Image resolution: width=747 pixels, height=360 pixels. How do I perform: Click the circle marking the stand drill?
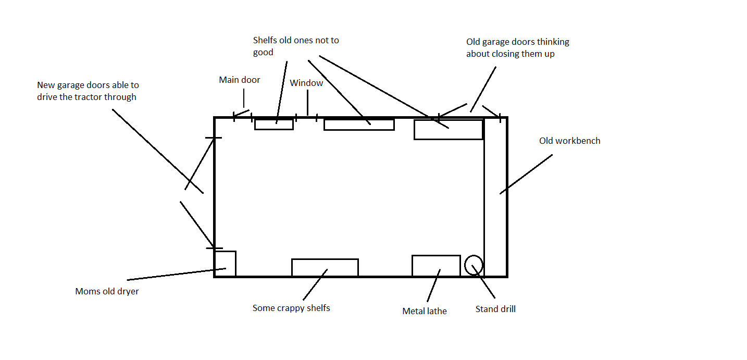coord(474,265)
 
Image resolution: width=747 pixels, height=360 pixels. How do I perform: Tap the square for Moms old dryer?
coord(225,264)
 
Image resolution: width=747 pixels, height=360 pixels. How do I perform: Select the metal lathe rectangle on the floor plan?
coord(436,266)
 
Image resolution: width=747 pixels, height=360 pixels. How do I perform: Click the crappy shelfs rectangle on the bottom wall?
coord(325,268)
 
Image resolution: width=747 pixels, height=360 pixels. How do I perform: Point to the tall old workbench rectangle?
coord(495,197)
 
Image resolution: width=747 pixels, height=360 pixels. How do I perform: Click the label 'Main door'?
coord(240,80)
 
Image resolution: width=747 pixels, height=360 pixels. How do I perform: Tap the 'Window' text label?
coord(306,83)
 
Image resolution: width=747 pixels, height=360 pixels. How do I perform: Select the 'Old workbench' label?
coord(569,141)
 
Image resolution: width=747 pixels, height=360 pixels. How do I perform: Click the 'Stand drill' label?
coord(495,309)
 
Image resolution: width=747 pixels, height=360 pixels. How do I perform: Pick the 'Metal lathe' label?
coord(425,312)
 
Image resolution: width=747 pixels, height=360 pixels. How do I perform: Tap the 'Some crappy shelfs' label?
coord(291,308)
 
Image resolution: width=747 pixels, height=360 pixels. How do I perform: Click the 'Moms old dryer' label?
coord(107,291)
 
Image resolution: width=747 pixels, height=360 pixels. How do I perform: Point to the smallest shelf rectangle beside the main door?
coord(274,124)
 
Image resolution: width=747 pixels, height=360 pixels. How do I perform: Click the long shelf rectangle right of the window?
coord(359,125)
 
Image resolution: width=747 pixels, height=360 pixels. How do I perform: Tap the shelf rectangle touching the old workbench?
coord(449,129)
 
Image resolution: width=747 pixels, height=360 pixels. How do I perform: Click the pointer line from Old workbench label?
coord(526,174)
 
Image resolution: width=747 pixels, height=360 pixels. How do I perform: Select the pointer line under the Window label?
coord(307,103)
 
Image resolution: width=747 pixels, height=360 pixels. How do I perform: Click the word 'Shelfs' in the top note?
coord(265,40)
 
